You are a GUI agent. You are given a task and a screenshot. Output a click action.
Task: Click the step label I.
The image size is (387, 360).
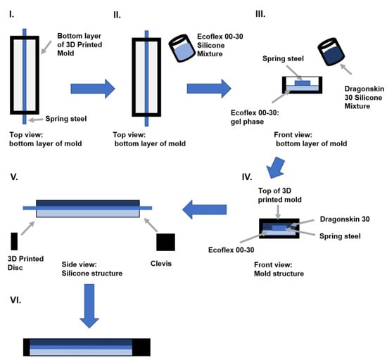pos(11,15)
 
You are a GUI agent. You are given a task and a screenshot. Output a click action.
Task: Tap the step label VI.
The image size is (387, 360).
pos(15,300)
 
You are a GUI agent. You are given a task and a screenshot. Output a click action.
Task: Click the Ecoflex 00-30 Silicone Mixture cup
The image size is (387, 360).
pos(182,48)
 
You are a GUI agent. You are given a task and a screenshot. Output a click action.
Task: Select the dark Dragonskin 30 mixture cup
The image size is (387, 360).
pos(331,52)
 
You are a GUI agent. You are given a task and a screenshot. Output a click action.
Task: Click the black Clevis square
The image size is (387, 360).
pos(165,242)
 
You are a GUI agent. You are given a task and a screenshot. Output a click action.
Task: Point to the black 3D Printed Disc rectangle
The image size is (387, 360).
pos(14,241)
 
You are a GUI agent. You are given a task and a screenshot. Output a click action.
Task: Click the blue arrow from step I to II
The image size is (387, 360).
pos(93,89)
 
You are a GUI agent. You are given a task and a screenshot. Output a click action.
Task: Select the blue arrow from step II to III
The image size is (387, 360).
pos(209,89)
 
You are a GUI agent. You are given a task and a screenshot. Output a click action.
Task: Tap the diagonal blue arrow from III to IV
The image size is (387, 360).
pos(276,167)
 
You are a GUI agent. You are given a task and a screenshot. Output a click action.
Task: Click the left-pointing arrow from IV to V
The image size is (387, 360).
pos(204,210)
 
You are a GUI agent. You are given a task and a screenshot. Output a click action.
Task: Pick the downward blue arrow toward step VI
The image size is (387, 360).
pos(89,306)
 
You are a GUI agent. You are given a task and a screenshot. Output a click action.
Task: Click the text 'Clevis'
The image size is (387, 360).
pos(161,264)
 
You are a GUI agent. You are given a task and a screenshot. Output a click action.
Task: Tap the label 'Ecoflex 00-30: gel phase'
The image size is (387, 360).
pos(255,117)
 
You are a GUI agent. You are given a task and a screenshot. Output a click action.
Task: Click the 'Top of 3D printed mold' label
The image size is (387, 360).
pos(279,195)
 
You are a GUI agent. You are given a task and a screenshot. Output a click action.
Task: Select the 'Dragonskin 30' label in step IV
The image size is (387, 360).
pos(345,219)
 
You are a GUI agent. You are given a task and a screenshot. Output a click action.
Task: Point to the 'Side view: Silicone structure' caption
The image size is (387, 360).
pos(91,269)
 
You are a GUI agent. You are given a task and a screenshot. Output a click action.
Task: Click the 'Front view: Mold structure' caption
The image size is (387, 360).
pos(279,269)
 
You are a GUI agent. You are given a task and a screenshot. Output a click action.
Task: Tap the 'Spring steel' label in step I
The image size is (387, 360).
pos(66,119)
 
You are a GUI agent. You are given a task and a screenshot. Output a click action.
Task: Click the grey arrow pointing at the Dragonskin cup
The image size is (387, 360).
pos(345,69)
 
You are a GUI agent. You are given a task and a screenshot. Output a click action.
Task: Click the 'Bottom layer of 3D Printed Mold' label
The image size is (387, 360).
pos(80,44)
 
